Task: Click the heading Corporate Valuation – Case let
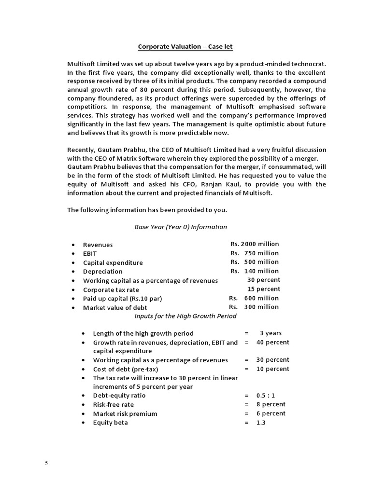pyautogui.click(x=185, y=46)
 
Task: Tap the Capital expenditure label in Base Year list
pyautogui.click(x=113, y=263)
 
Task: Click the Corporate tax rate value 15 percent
pyautogui.click(x=263, y=289)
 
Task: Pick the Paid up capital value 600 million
pyautogui.click(x=254, y=298)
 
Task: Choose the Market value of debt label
pyautogui.click(x=115, y=307)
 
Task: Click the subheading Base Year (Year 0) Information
pyautogui.click(x=181, y=227)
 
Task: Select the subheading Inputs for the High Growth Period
pyautogui.click(x=185, y=316)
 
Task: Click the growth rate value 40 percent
pyautogui.click(x=273, y=342)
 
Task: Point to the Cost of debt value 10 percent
pyautogui.click(x=273, y=369)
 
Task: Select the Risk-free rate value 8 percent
pyautogui.click(x=271, y=404)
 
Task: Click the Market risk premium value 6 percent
pyautogui.click(x=271, y=413)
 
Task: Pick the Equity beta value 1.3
pyautogui.click(x=261, y=423)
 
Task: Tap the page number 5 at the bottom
pyautogui.click(x=46, y=464)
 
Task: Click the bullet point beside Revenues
pyautogui.click(x=72, y=245)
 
